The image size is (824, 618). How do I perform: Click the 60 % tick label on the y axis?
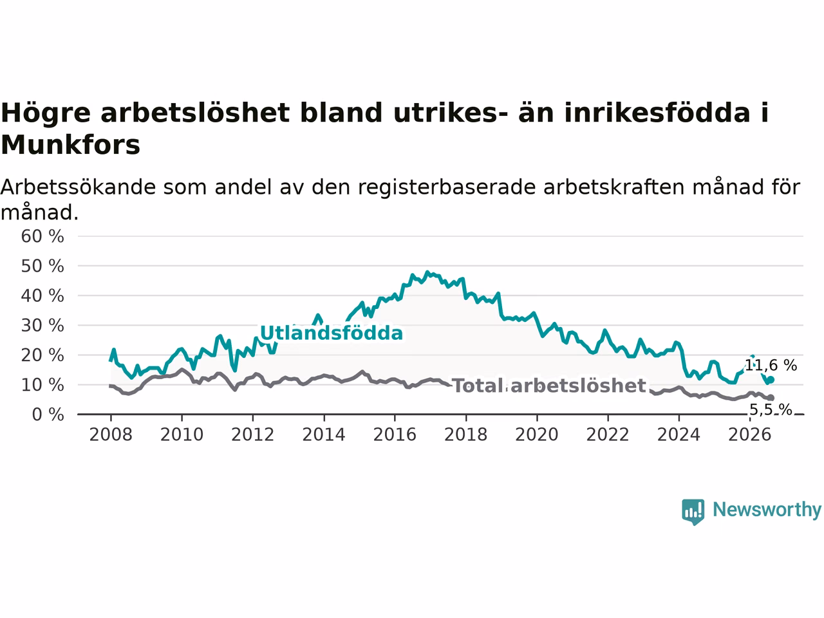[42, 236]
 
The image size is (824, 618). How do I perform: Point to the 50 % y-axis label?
[42, 266]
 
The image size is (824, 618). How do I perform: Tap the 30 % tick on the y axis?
[42, 326]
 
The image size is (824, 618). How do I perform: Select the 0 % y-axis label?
[48, 415]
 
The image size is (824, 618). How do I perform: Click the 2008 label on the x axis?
[111, 435]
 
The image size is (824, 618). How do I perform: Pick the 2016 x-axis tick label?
[395, 435]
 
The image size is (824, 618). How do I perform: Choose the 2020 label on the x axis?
[537, 435]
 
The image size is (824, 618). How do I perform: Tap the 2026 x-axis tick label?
[750, 435]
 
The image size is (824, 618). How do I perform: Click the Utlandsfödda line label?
[332, 333]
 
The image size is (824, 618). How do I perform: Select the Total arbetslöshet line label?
[549, 386]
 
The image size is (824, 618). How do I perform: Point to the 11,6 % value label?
[771, 365]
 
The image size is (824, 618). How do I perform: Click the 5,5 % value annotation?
[771, 409]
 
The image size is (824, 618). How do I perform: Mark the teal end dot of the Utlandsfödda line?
[771, 380]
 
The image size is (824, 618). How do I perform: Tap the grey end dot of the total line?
[771, 398]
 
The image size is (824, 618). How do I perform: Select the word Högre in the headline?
[46, 113]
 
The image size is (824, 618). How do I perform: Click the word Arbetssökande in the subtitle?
[78, 187]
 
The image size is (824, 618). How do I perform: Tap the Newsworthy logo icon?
[693, 512]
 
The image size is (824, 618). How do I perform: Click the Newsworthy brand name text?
[767, 510]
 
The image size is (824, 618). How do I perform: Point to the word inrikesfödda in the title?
[657, 112]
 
